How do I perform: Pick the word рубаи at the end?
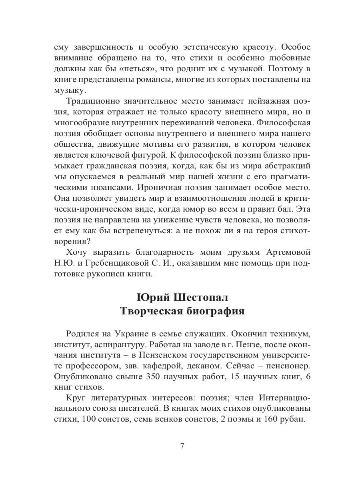(294, 420)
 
